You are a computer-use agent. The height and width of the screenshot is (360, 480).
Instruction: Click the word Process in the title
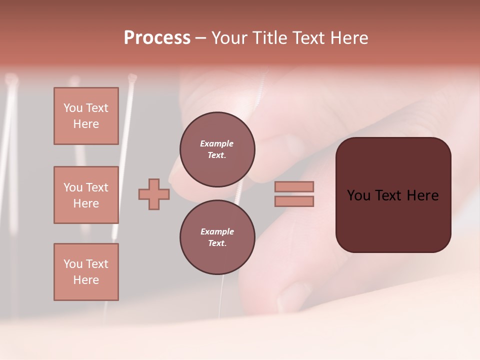[x=157, y=38]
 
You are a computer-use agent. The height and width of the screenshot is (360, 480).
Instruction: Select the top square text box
[x=86, y=116]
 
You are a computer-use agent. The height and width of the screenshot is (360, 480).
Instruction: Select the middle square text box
[x=86, y=195]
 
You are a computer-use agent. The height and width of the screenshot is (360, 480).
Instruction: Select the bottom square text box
[x=86, y=272]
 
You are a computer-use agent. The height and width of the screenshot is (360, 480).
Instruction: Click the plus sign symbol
[x=154, y=194]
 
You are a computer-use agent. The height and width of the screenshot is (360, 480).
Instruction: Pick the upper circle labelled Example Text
[x=217, y=149]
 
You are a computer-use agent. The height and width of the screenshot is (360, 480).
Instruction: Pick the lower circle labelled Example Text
[x=217, y=237]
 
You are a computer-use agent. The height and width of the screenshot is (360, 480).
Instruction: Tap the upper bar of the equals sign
[x=294, y=186]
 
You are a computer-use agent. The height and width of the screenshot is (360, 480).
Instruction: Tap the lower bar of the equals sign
[x=294, y=201]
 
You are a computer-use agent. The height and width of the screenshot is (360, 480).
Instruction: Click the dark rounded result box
[x=393, y=220]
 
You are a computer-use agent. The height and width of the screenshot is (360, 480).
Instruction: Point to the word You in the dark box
[x=358, y=195]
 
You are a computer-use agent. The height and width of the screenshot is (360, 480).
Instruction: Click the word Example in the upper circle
[x=216, y=143]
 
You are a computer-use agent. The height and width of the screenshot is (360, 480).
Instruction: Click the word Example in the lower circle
[x=217, y=231]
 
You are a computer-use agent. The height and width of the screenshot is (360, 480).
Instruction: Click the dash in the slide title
[x=201, y=38]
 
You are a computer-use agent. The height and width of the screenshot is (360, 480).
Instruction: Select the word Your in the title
[x=228, y=38]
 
